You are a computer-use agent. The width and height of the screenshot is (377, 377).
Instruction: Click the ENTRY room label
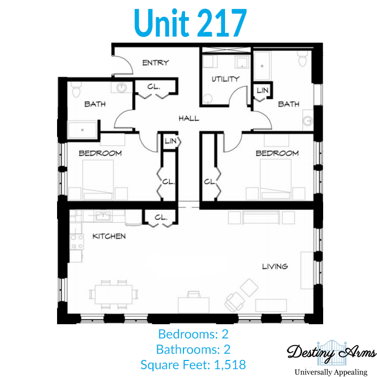(x=156, y=63)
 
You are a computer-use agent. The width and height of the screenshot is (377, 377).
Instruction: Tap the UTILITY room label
(x=226, y=79)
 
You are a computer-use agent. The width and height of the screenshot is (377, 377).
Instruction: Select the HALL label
(x=189, y=118)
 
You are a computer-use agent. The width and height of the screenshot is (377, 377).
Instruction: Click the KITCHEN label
(x=109, y=236)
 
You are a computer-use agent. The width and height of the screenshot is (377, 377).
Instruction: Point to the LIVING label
(x=275, y=267)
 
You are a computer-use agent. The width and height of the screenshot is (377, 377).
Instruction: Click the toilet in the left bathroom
(x=76, y=90)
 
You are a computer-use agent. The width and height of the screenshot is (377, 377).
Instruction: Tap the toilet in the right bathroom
(x=302, y=59)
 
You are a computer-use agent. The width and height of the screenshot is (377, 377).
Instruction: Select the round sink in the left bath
(x=122, y=87)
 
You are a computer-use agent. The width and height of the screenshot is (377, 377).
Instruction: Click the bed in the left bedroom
(x=98, y=180)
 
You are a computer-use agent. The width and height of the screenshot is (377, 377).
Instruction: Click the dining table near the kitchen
(x=114, y=294)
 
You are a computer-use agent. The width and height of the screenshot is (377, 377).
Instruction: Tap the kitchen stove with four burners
(x=76, y=242)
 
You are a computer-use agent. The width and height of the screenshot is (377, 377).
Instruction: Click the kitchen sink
(x=103, y=216)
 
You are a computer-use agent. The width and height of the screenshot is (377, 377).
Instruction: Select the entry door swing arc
(x=127, y=61)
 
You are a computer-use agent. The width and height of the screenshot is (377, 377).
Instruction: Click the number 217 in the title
(x=223, y=23)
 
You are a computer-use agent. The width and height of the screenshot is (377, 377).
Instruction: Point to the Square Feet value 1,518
(x=230, y=365)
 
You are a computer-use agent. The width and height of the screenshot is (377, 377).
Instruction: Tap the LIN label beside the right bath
(x=262, y=91)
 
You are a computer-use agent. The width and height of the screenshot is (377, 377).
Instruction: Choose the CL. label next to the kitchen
(x=161, y=218)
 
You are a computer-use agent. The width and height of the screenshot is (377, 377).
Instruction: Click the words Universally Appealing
(x=331, y=372)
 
